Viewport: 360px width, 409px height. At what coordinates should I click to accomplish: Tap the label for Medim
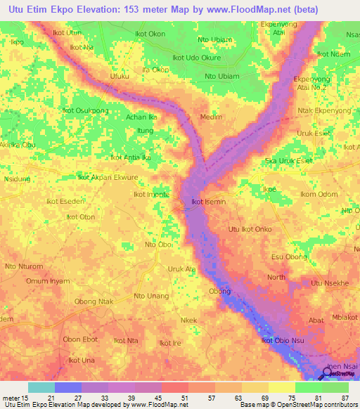pyautogui.click(x=211, y=117)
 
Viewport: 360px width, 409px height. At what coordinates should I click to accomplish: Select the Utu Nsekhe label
pyautogui.click(x=330, y=283)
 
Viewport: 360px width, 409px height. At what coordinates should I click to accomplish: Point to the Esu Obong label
pyautogui.click(x=289, y=257)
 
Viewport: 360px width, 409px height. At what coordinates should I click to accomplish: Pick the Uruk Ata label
pyautogui.click(x=181, y=269)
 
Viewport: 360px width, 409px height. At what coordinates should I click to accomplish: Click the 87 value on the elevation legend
pyautogui.click(x=343, y=397)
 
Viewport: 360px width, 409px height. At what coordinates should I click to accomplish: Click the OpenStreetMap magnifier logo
pyautogui.click(x=327, y=375)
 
